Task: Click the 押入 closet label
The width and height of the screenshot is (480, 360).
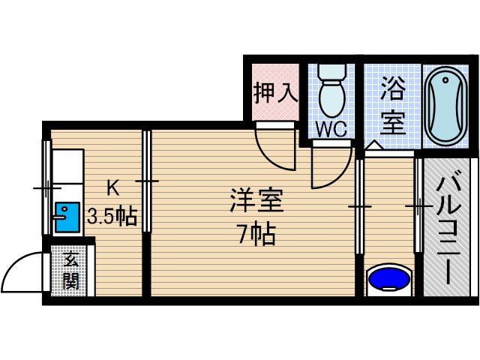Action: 274,92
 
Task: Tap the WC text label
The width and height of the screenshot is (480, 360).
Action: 330,128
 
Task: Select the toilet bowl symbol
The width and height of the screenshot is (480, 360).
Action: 330,97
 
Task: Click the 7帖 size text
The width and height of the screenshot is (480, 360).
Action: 255,235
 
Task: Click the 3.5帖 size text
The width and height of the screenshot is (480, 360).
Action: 112,217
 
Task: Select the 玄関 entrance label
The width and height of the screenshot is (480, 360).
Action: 71,271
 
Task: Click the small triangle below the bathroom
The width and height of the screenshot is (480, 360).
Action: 373,145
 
